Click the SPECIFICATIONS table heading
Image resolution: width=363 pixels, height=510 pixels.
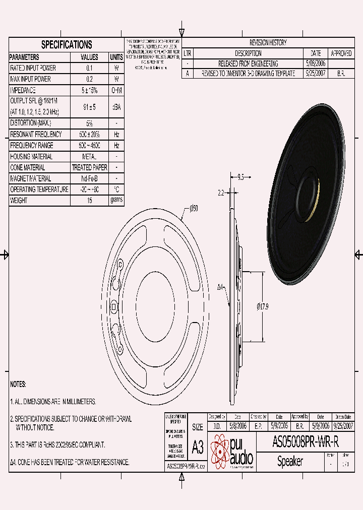(66, 45)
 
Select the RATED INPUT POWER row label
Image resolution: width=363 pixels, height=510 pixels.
(33, 68)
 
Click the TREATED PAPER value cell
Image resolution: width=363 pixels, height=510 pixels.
(90, 167)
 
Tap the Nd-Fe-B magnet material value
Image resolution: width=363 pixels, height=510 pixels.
(90, 178)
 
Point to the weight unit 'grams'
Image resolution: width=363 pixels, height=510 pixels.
(116, 200)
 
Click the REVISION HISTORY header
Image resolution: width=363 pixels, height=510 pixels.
(268, 43)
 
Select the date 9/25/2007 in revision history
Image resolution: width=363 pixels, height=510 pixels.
(316, 74)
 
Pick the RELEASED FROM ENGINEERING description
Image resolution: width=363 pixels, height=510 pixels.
(248, 63)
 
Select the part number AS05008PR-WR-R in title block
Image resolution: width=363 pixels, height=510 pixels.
(306, 442)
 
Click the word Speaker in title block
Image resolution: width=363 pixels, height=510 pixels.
(290, 461)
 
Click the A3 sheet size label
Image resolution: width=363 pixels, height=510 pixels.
(198, 447)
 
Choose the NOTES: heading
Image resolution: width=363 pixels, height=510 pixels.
(18, 385)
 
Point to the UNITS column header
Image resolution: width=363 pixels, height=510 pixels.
(116, 57)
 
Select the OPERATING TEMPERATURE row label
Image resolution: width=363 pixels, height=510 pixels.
(39, 189)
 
